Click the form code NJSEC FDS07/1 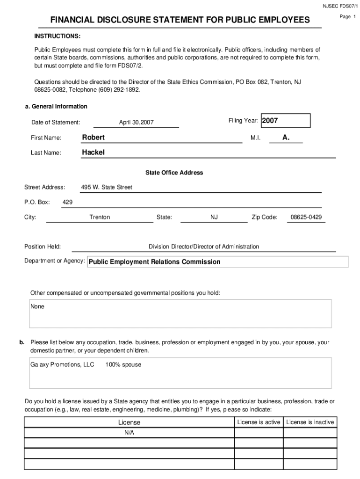[340, 6]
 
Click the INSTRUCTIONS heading [57, 36]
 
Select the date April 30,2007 [136, 123]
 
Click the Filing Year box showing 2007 [285, 121]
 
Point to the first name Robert [94, 138]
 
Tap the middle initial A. [286, 138]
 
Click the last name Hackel [94, 152]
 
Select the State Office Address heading [174, 173]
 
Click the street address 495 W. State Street [107, 187]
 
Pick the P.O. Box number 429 [67, 202]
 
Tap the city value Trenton [100, 217]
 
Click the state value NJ [214, 217]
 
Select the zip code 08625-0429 [306, 217]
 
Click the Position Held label [43, 247]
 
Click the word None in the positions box [37, 307]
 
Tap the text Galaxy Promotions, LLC [62, 364]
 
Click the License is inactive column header [310, 422]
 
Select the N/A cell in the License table [129, 433]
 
